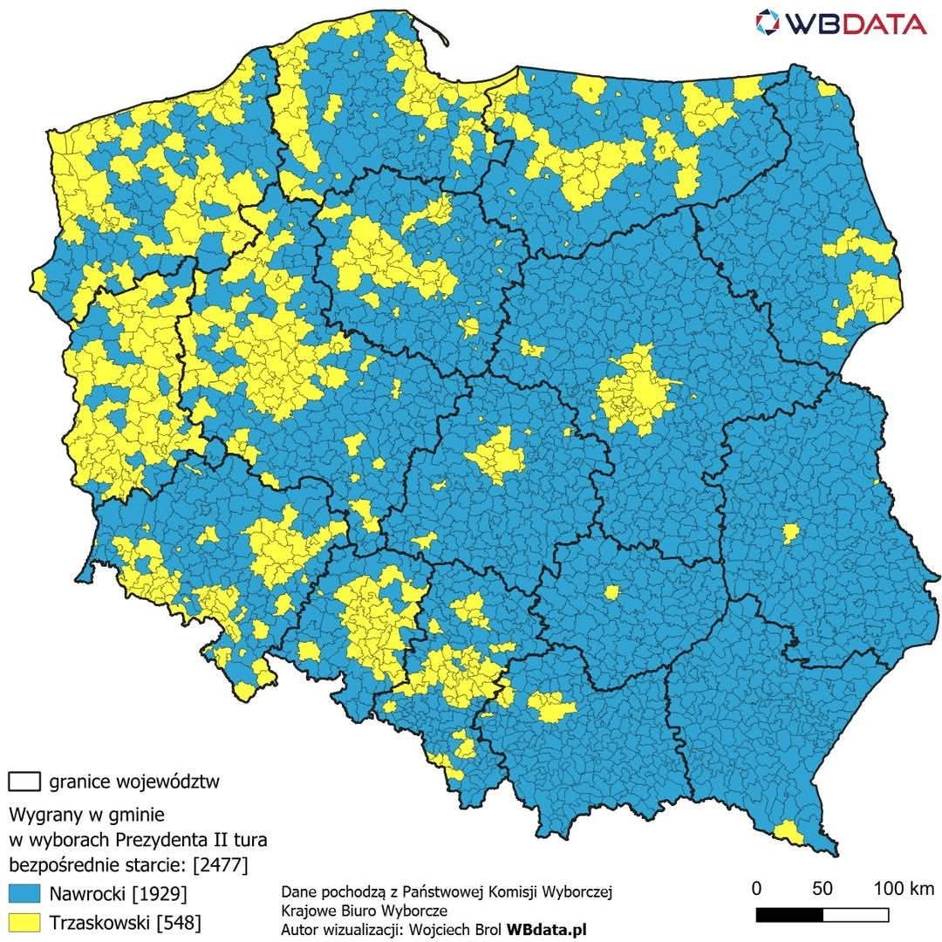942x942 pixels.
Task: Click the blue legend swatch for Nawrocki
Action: [24, 893]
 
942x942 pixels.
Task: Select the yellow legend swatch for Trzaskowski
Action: [24, 921]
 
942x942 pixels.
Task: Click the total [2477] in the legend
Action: [220, 865]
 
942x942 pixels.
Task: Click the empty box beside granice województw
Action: [24, 780]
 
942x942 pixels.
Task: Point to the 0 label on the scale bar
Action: [756, 889]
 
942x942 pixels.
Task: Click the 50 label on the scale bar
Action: [822, 889]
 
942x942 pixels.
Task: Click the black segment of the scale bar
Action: [789, 915]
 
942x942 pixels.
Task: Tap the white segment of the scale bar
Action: [856, 915]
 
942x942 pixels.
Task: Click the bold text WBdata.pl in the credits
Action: [547, 930]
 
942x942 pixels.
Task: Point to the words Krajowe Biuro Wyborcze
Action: [365, 911]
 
